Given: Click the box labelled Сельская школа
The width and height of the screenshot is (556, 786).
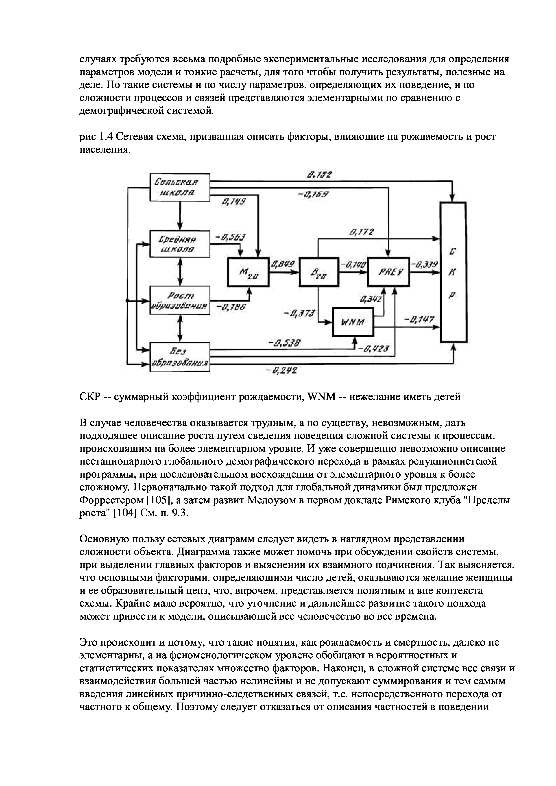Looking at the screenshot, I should click(180, 188).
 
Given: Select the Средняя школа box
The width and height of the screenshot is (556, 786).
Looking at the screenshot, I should click(180, 244).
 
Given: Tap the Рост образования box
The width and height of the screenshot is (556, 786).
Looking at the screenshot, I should click(180, 300).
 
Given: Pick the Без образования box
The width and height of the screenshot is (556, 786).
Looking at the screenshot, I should click(180, 357).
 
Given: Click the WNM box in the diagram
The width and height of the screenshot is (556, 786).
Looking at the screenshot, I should click(353, 322).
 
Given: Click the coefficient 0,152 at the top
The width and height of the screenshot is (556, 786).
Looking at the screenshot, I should click(319, 175).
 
